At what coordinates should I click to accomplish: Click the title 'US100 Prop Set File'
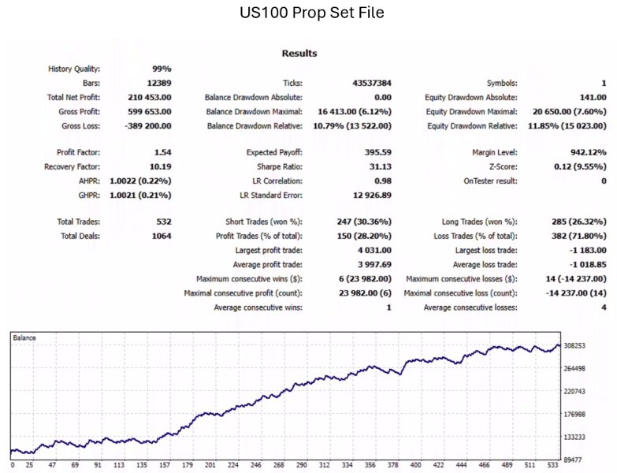(308, 13)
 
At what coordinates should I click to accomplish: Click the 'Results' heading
(299, 54)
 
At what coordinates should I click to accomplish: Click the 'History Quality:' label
(74, 69)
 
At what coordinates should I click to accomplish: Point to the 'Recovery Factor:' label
(72, 166)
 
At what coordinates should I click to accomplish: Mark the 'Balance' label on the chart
(25, 337)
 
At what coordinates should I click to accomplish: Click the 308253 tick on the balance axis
(590, 346)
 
